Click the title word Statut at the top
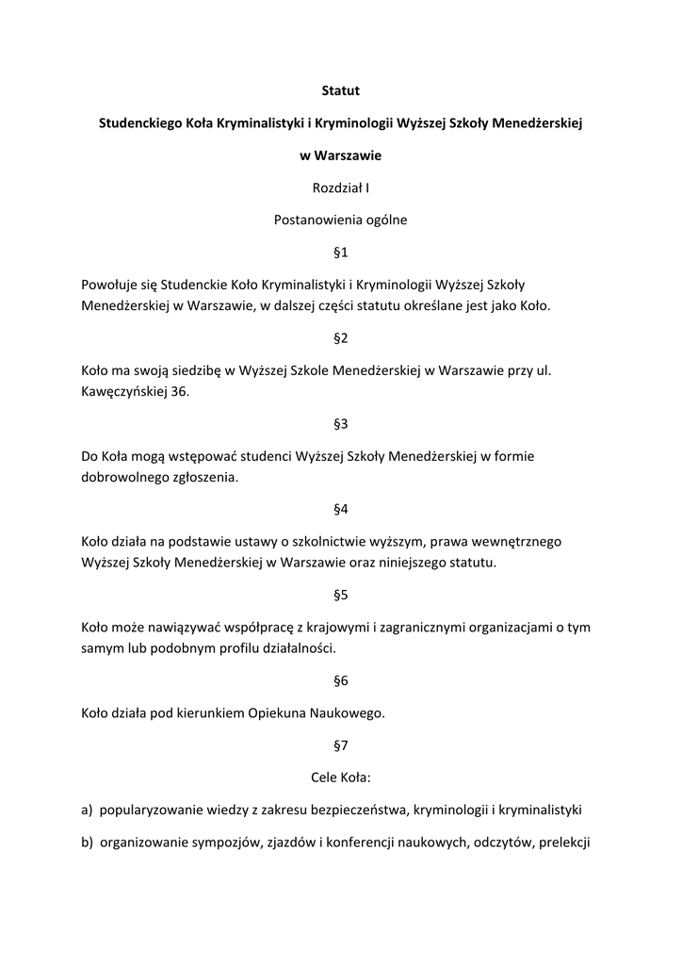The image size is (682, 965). tap(341, 91)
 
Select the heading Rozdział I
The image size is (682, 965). tap(341, 188)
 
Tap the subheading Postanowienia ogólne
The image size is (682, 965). tap(341, 220)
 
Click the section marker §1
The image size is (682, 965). tap(341, 252)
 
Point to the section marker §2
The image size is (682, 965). tap(341, 337)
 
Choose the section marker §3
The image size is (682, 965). tap(341, 423)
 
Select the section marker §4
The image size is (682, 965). tap(341, 509)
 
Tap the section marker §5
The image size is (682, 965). tap(341, 595)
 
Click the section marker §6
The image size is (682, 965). tap(341, 680)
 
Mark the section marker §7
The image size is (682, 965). tap(341, 745)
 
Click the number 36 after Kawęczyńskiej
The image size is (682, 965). tap(179, 391)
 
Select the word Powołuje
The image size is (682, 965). tap(109, 284)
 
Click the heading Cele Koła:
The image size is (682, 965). tap(341, 777)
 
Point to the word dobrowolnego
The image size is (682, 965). tap(123, 477)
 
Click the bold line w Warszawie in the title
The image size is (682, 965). tap(341, 155)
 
